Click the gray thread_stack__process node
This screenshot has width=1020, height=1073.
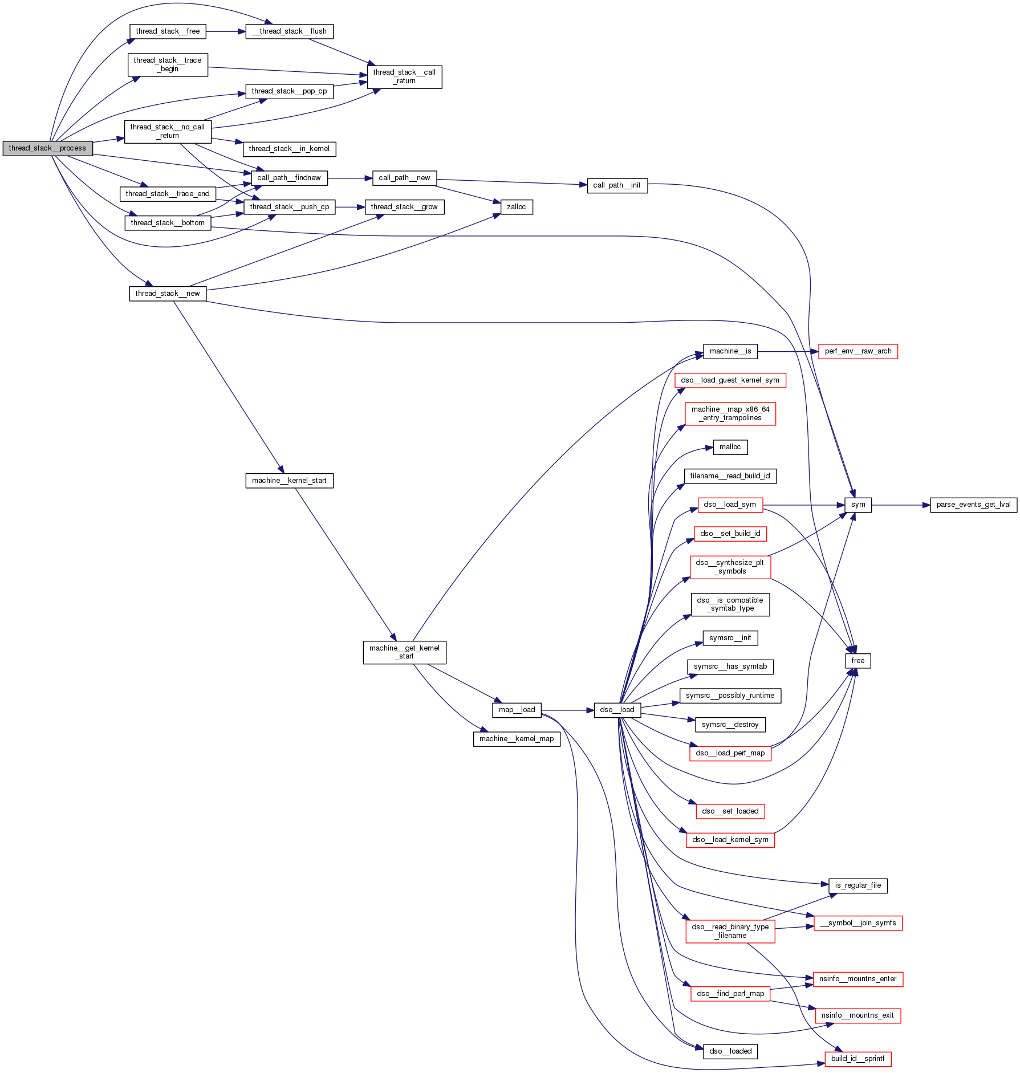coord(47,148)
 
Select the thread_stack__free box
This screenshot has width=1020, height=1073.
coord(168,31)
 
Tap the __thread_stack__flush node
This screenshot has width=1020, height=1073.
coord(289,31)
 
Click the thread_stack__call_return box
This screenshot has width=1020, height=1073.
coord(404,77)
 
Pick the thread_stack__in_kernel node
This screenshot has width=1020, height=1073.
coord(289,149)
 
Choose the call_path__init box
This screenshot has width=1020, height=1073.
coord(617,185)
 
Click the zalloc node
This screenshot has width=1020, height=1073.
coord(517,207)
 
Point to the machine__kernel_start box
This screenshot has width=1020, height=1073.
coord(289,481)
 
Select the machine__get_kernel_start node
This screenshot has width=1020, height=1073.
coord(404,652)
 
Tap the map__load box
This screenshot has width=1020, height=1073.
coord(517,710)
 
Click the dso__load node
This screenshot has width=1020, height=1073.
coord(617,710)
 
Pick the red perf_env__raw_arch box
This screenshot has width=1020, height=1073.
coord(858,351)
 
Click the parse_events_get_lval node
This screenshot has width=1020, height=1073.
coord(973,505)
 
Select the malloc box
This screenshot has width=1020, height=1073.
coord(730,447)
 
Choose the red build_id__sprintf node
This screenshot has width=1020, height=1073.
coord(858,1059)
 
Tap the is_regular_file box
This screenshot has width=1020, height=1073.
coord(858,885)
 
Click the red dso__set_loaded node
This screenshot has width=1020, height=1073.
coord(730,811)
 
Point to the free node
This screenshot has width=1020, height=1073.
coord(858,661)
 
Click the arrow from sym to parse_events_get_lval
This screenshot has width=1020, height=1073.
coord(901,505)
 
